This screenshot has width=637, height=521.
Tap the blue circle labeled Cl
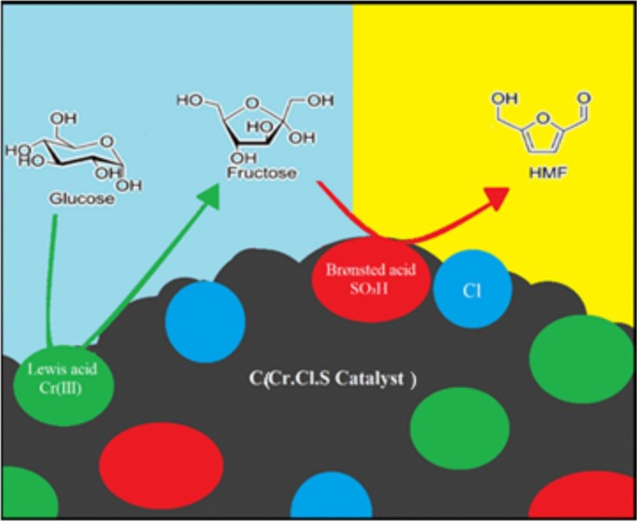click(x=471, y=288)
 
